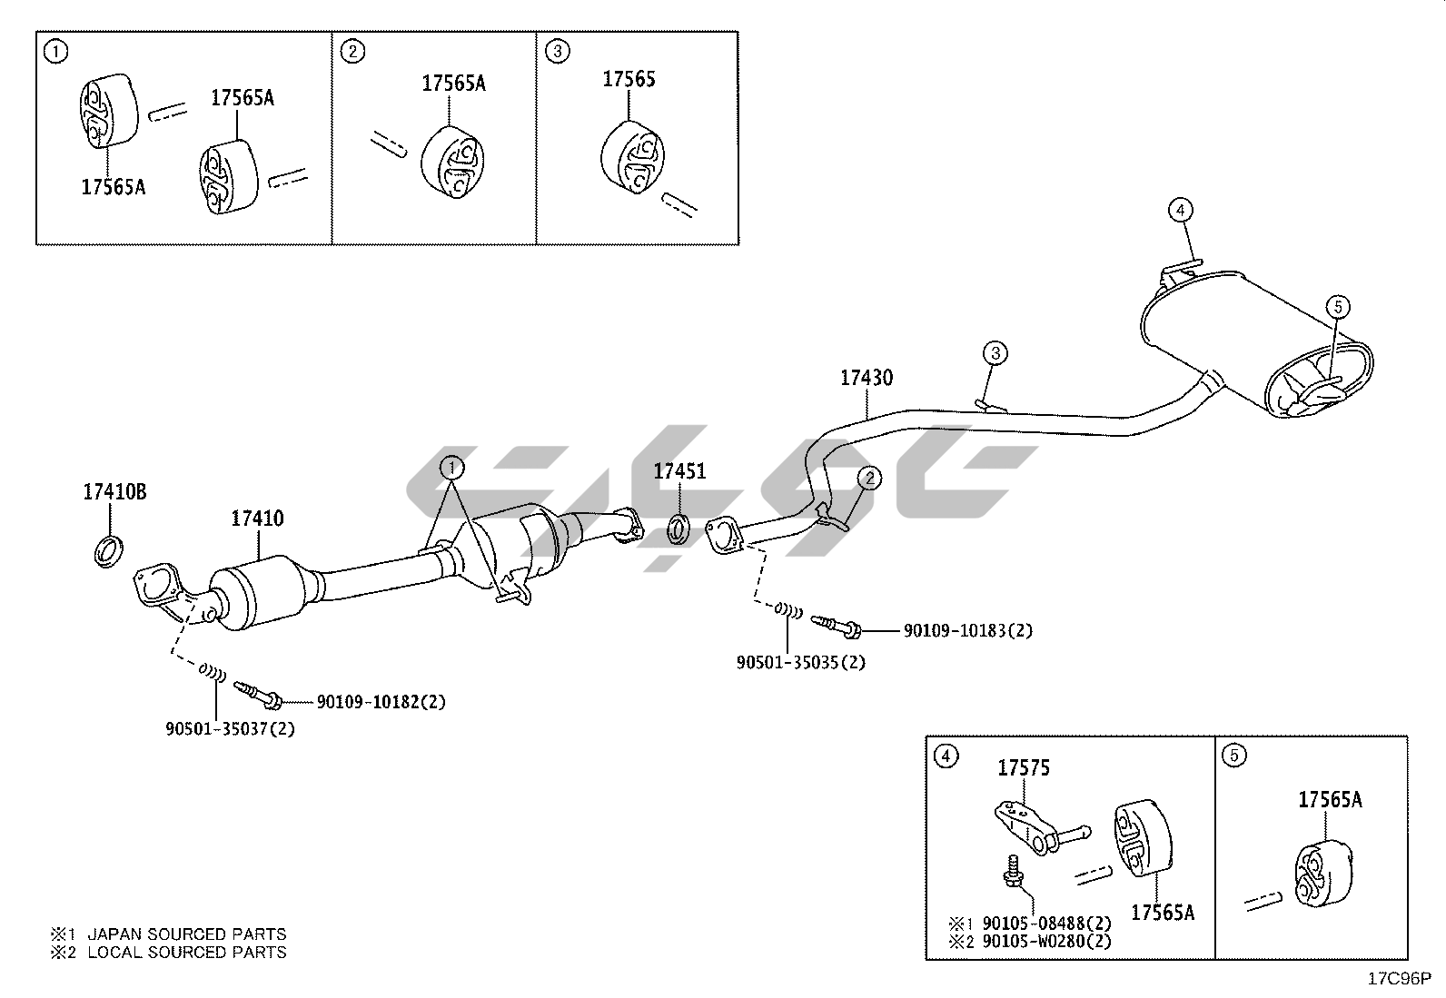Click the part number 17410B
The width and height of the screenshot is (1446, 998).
tap(114, 492)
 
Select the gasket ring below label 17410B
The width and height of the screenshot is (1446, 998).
tap(110, 550)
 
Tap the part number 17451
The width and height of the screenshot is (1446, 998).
tap(679, 471)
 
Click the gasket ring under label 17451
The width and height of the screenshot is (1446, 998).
tap(678, 528)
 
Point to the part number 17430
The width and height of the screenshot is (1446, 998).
tap(866, 378)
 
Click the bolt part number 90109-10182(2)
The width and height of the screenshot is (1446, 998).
tap(381, 702)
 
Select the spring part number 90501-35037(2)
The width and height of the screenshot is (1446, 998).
tap(231, 728)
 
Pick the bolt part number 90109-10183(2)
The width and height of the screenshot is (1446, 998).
tap(967, 630)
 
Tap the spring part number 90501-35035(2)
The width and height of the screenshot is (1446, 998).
tap(800, 662)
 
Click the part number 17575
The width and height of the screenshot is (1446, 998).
tap(1024, 768)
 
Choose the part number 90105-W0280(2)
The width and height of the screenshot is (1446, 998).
tap(1047, 942)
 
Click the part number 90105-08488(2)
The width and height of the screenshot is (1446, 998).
tap(1047, 924)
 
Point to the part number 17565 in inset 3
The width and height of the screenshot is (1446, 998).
tap(629, 79)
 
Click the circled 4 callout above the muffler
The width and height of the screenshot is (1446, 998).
tap(1180, 211)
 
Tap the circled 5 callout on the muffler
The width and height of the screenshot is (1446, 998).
tap(1337, 307)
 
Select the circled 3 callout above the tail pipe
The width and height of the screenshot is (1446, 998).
tap(995, 352)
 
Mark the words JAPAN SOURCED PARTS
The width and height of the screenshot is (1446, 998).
tap(186, 934)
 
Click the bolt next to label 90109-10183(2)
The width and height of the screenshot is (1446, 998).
tap(837, 625)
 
